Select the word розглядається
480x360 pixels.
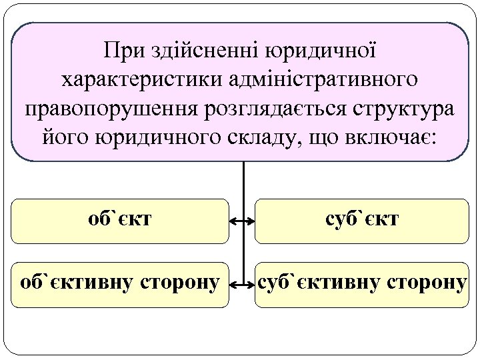[x=256, y=109]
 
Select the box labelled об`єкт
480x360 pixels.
[x=120, y=221]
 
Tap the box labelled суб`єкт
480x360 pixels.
[x=362, y=221]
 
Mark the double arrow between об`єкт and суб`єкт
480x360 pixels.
[x=243, y=221]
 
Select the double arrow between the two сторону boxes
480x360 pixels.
[x=243, y=285]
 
